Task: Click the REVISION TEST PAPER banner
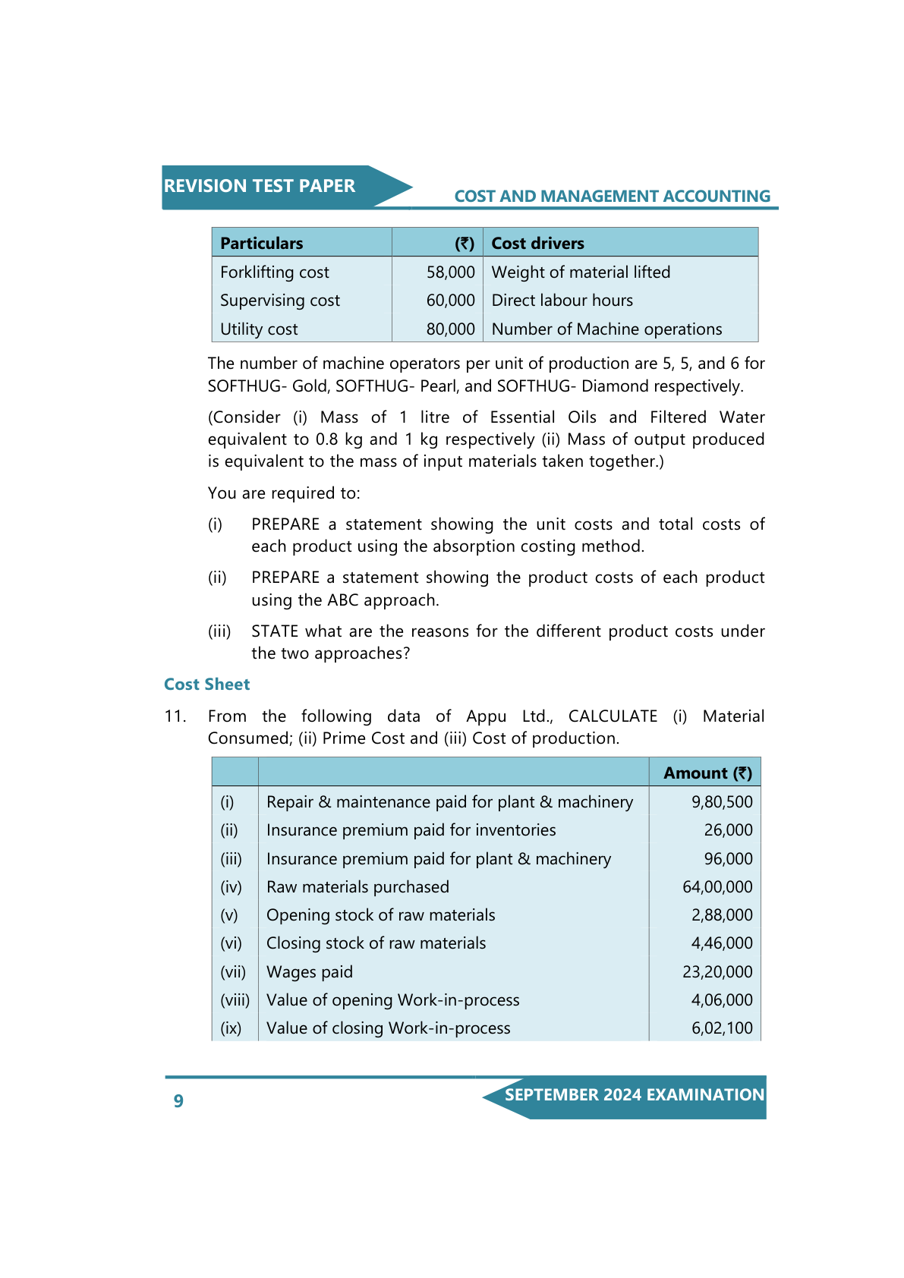(260, 186)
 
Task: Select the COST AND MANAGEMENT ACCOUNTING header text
(612, 197)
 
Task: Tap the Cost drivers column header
(537, 244)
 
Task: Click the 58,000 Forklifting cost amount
(450, 272)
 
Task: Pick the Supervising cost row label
(280, 301)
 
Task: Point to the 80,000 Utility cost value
(450, 329)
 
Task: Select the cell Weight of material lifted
(581, 272)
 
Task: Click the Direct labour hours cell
(562, 301)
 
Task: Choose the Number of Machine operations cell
(606, 329)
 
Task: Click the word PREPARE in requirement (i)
(285, 524)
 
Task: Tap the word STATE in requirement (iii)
(273, 631)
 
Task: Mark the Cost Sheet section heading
(207, 685)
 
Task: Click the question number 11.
(175, 716)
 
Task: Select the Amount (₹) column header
(707, 773)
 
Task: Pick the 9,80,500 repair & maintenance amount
(722, 802)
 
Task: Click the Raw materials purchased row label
(358, 887)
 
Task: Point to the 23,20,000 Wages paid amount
(717, 972)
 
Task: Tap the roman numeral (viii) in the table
(235, 1000)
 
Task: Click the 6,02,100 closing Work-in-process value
(722, 1028)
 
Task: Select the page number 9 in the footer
(178, 1101)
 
